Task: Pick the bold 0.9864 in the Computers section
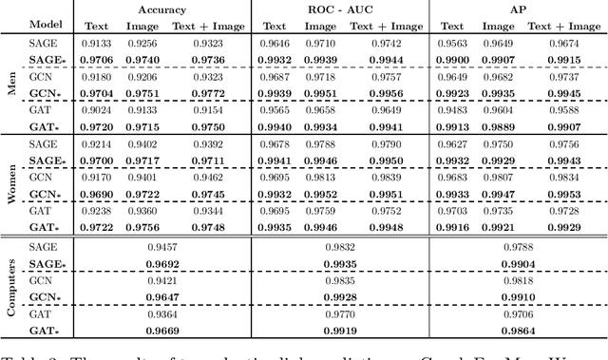(x=514, y=331)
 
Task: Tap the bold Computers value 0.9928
(x=339, y=297)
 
